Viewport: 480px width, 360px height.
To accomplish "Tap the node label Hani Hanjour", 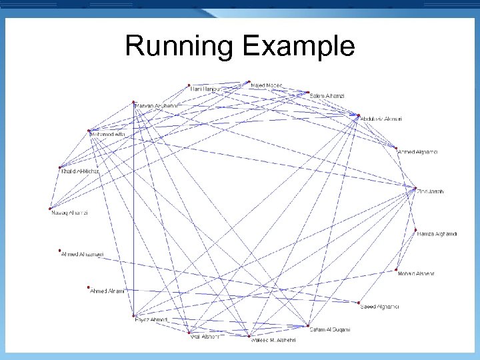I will [x=207, y=88].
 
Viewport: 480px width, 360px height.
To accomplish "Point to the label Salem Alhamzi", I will [x=327, y=97].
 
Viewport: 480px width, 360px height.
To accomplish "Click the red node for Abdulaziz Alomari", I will [x=359, y=115].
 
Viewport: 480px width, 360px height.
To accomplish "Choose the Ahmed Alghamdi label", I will [x=417, y=153].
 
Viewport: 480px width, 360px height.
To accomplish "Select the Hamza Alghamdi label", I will [x=436, y=233].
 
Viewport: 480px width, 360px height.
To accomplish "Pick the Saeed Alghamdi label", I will [x=379, y=307].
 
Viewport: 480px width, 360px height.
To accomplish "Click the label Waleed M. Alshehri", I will [x=273, y=340].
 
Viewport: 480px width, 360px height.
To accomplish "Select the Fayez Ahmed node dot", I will [x=134, y=315].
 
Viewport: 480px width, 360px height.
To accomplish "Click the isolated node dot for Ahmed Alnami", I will [x=89, y=287].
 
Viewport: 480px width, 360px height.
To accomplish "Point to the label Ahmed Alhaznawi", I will [x=82, y=255].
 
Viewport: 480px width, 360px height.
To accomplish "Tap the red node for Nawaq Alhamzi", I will [x=51, y=209].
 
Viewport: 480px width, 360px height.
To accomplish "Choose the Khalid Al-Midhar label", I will [x=79, y=172].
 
